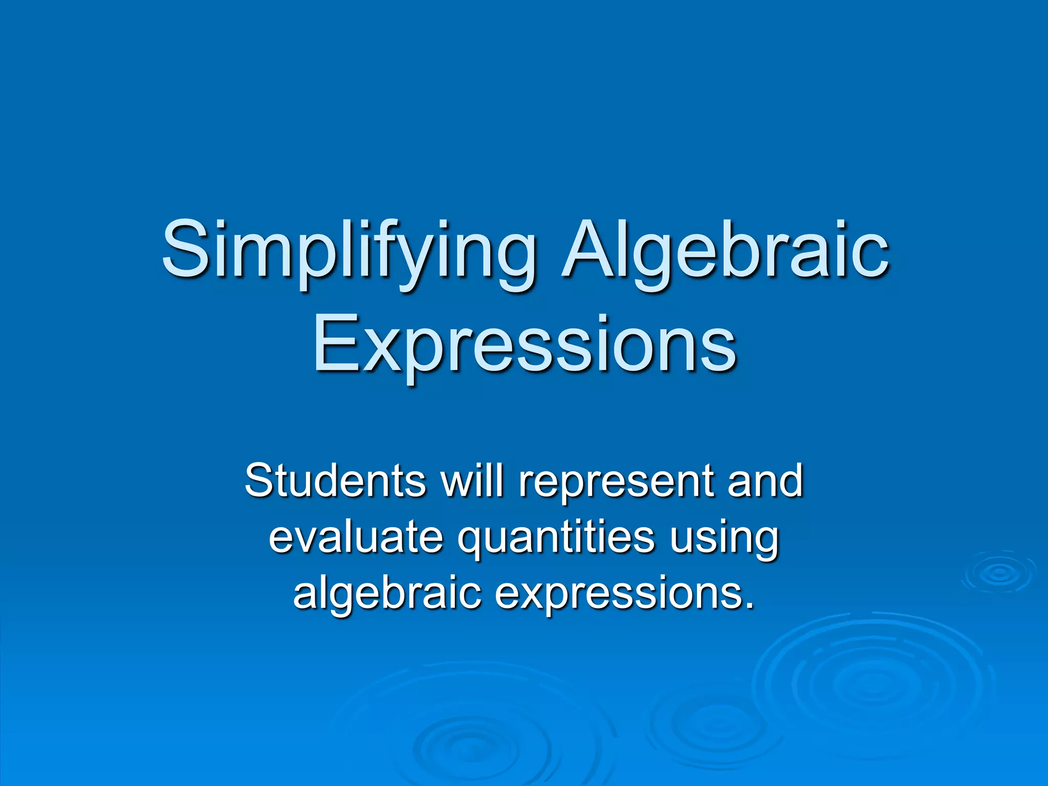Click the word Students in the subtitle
point(335,481)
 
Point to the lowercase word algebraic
point(387,594)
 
